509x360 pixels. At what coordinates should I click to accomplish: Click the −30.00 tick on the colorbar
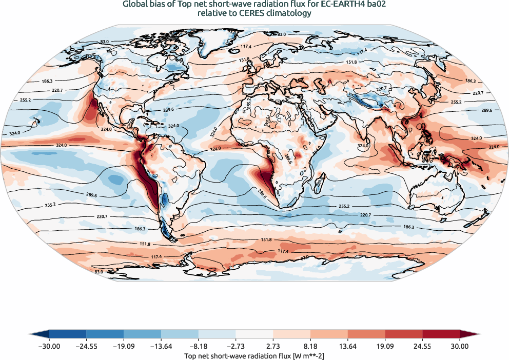click(x=49, y=346)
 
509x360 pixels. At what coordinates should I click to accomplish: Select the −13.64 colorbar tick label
click(x=161, y=346)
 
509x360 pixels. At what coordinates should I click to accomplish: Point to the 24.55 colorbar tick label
click(x=422, y=346)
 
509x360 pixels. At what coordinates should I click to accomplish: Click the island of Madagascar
click(x=320, y=182)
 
